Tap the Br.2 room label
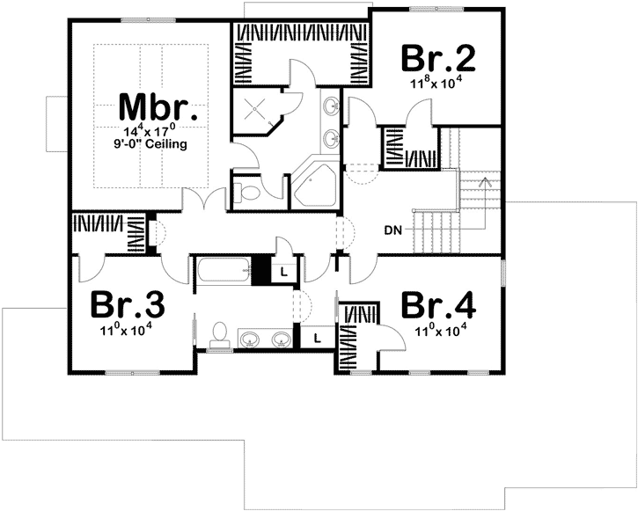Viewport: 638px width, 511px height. pyautogui.click(x=438, y=58)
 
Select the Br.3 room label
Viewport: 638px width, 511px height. pyautogui.click(x=128, y=306)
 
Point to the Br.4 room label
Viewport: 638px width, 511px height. pyautogui.click(x=438, y=306)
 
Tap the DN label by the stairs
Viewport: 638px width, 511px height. pyautogui.click(x=393, y=231)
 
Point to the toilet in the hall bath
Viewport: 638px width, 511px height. pyautogui.click(x=220, y=333)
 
